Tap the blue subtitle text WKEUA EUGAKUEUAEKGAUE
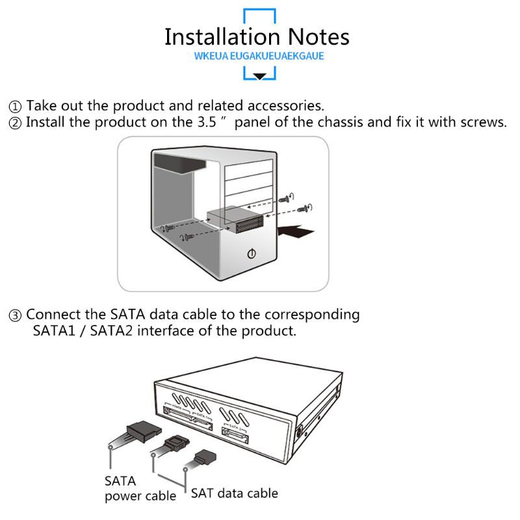[x=259, y=56]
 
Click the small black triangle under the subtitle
[x=259, y=76]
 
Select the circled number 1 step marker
[x=15, y=106]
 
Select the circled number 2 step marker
[x=15, y=123]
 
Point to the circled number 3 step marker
[x=15, y=315]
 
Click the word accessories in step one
[x=287, y=105]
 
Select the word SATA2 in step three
[x=112, y=331]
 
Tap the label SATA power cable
[x=139, y=489]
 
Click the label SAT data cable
[x=234, y=493]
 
